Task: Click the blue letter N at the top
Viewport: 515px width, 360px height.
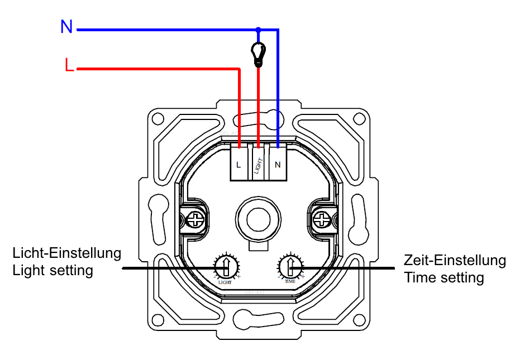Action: click(66, 27)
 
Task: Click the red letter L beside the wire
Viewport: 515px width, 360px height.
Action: click(69, 66)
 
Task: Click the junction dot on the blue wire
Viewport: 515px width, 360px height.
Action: click(258, 30)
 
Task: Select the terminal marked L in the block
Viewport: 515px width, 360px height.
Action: click(239, 164)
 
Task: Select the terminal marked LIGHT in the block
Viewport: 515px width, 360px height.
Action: click(258, 164)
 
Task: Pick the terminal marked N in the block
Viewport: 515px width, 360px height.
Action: click(278, 164)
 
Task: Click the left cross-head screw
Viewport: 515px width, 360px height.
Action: click(196, 219)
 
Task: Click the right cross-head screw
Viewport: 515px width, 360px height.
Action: click(322, 219)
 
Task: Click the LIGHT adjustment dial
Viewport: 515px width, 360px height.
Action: click(226, 267)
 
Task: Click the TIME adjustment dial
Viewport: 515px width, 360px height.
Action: click(290, 267)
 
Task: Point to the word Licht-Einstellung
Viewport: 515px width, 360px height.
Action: click(67, 253)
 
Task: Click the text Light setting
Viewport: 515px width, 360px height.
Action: click(53, 271)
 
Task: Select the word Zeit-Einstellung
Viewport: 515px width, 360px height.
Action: click(455, 260)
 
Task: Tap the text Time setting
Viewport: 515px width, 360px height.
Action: click(444, 277)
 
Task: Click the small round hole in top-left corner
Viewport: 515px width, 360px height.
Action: click(155, 118)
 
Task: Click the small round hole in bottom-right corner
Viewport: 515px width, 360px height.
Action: click(361, 320)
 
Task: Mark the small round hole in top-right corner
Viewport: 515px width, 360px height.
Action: click(361, 118)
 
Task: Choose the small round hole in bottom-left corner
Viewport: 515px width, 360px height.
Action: click(155, 320)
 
